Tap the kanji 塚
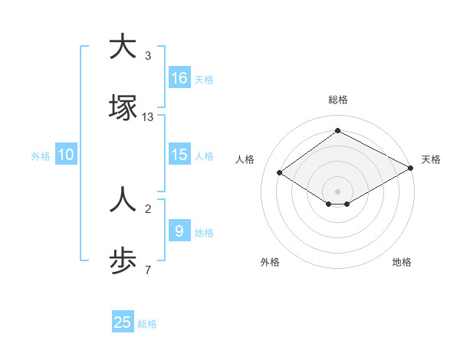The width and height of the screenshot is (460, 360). [x=123, y=108]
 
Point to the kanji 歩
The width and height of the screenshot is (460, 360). [x=123, y=261]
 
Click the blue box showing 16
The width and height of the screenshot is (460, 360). [x=179, y=77]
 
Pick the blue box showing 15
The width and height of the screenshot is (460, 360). [x=179, y=155]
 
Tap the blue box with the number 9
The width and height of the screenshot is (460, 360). [x=179, y=231]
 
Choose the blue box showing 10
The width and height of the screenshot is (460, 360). [x=66, y=155]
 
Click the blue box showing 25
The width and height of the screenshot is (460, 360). [x=123, y=322]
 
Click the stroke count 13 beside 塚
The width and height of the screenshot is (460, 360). [x=148, y=117]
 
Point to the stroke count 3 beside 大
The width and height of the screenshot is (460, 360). [x=148, y=56]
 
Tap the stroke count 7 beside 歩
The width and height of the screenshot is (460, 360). [x=148, y=270]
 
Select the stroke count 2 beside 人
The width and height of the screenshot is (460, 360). [x=148, y=209]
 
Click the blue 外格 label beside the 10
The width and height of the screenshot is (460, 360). [x=41, y=155]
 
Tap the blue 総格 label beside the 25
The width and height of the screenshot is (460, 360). [x=147, y=324]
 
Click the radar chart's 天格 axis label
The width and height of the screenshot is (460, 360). [x=432, y=159]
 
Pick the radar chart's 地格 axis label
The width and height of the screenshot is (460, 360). [x=402, y=262]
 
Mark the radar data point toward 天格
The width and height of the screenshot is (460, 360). [x=411, y=169]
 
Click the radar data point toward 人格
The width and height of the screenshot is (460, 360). [x=280, y=173]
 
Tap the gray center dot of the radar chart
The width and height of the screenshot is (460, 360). [x=338, y=191]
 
